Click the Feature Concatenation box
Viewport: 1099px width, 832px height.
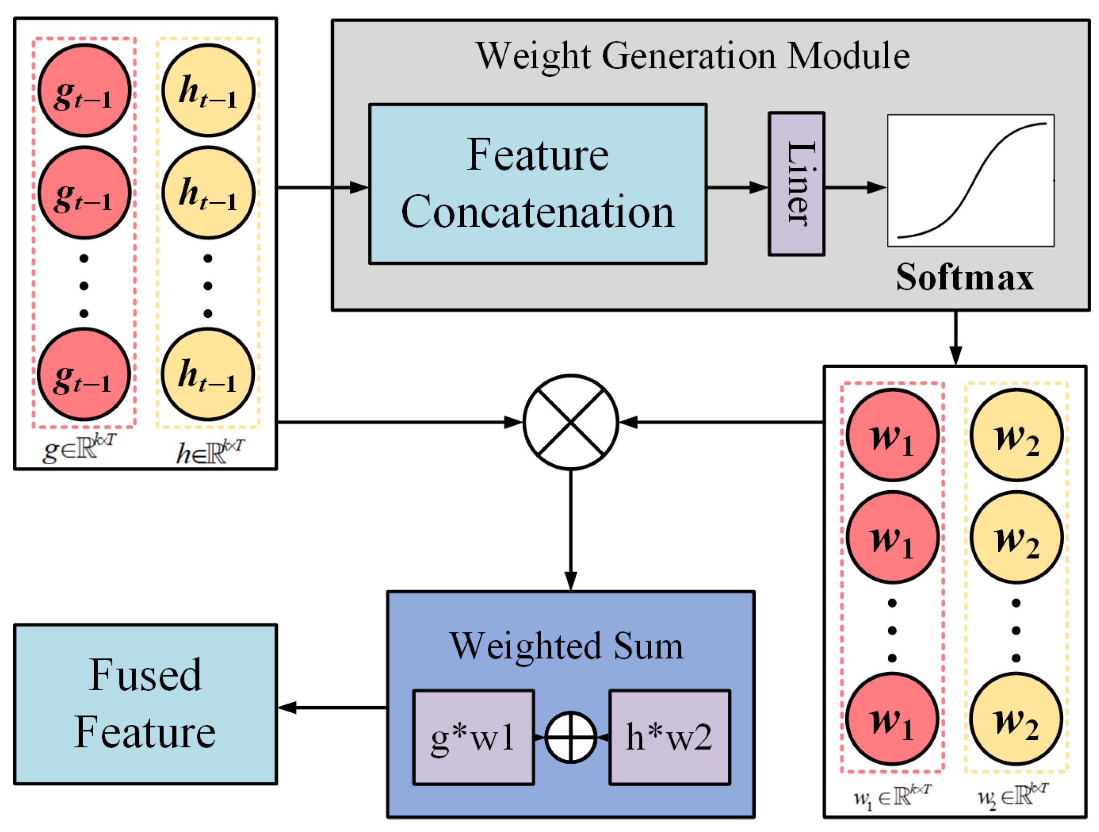[538, 183]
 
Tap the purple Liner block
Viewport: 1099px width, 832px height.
[796, 183]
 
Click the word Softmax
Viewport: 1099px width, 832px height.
[964, 277]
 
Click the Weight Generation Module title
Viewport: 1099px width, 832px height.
[693, 56]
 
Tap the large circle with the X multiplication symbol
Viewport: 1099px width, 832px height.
[571, 422]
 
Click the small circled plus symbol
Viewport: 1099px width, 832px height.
[571, 737]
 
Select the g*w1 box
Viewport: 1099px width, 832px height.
[474, 737]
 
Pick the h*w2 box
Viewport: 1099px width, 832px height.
[670, 737]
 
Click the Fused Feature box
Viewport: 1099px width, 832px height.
[145, 704]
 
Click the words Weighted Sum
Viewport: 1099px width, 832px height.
[566, 646]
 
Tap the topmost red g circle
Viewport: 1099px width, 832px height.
[84, 91]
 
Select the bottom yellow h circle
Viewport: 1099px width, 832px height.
[208, 374]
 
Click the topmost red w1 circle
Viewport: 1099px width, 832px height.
[892, 435]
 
